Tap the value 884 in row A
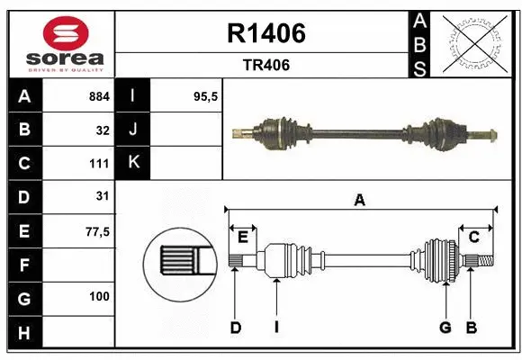click(x=99, y=96)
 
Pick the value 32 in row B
click(x=103, y=130)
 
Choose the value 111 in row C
click(x=99, y=164)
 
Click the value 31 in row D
click(x=103, y=196)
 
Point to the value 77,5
click(x=97, y=231)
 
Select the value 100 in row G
click(x=99, y=296)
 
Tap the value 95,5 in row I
click(x=207, y=96)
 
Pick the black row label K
click(x=133, y=163)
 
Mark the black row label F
click(x=23, y=265)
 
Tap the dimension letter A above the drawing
click(x=360, y=200)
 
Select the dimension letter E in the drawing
click(x=243, y=237)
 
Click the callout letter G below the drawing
click(x=445, y=328)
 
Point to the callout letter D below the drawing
click(x=235, y=328)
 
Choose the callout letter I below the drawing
click(x=276, y=328)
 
